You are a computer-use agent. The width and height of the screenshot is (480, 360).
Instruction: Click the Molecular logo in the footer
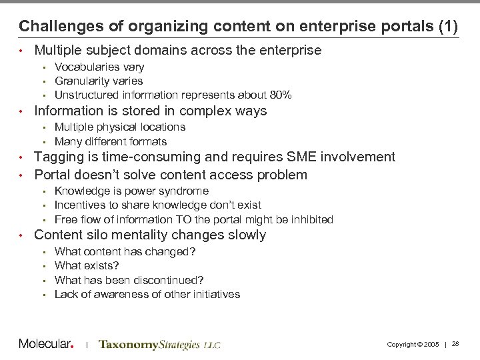point(45,344)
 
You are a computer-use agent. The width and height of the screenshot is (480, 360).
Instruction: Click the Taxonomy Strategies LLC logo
point(159,345)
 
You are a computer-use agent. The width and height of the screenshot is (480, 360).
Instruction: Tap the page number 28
point(456,344)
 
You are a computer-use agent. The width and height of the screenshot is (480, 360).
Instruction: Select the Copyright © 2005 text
point(413,344)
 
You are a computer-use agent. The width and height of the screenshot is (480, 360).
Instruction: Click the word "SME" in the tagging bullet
point(284,157)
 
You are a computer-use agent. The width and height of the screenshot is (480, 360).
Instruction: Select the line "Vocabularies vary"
point(99,67)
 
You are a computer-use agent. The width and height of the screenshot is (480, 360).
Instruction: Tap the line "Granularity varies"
point(98,81)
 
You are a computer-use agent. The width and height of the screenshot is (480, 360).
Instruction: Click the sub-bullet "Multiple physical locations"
point(119,127)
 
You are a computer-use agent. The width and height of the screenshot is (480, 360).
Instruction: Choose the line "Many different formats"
point(110,141)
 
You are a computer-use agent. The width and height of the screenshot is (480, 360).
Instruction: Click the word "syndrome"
point(185,191)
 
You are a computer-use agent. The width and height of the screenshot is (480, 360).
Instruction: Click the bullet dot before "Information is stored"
point(22,111)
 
